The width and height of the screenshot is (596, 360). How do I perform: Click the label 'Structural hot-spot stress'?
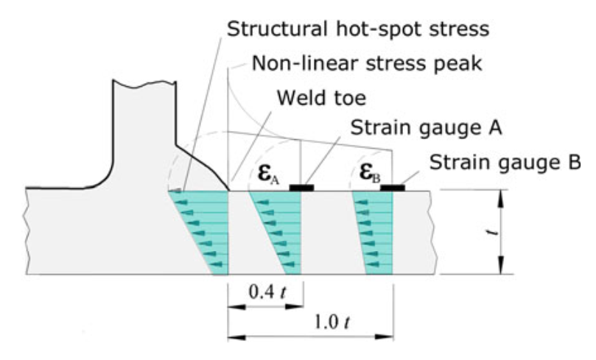point(358,29)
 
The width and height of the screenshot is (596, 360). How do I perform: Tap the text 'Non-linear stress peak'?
point(367,63)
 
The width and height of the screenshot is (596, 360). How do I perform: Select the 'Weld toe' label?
point(321,98)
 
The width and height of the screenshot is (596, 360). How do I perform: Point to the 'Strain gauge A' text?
point(426,128)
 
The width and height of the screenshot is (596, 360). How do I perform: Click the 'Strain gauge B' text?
point(505,163)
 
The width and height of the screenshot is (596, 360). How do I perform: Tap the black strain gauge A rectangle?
point(301,188)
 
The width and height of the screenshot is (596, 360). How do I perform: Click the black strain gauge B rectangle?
point(393,188)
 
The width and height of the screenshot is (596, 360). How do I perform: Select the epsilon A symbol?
point(268,173)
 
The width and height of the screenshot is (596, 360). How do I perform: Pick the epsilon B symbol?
point(369,173)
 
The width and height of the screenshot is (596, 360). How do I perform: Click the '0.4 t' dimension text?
point(267,292)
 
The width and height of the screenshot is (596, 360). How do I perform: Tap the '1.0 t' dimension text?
point(332,322)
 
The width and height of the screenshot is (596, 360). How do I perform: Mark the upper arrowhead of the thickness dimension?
point(501,199)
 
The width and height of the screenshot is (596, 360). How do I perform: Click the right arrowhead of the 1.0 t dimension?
point(384,336)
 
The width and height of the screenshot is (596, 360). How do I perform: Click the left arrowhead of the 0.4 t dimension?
point(236,306)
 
